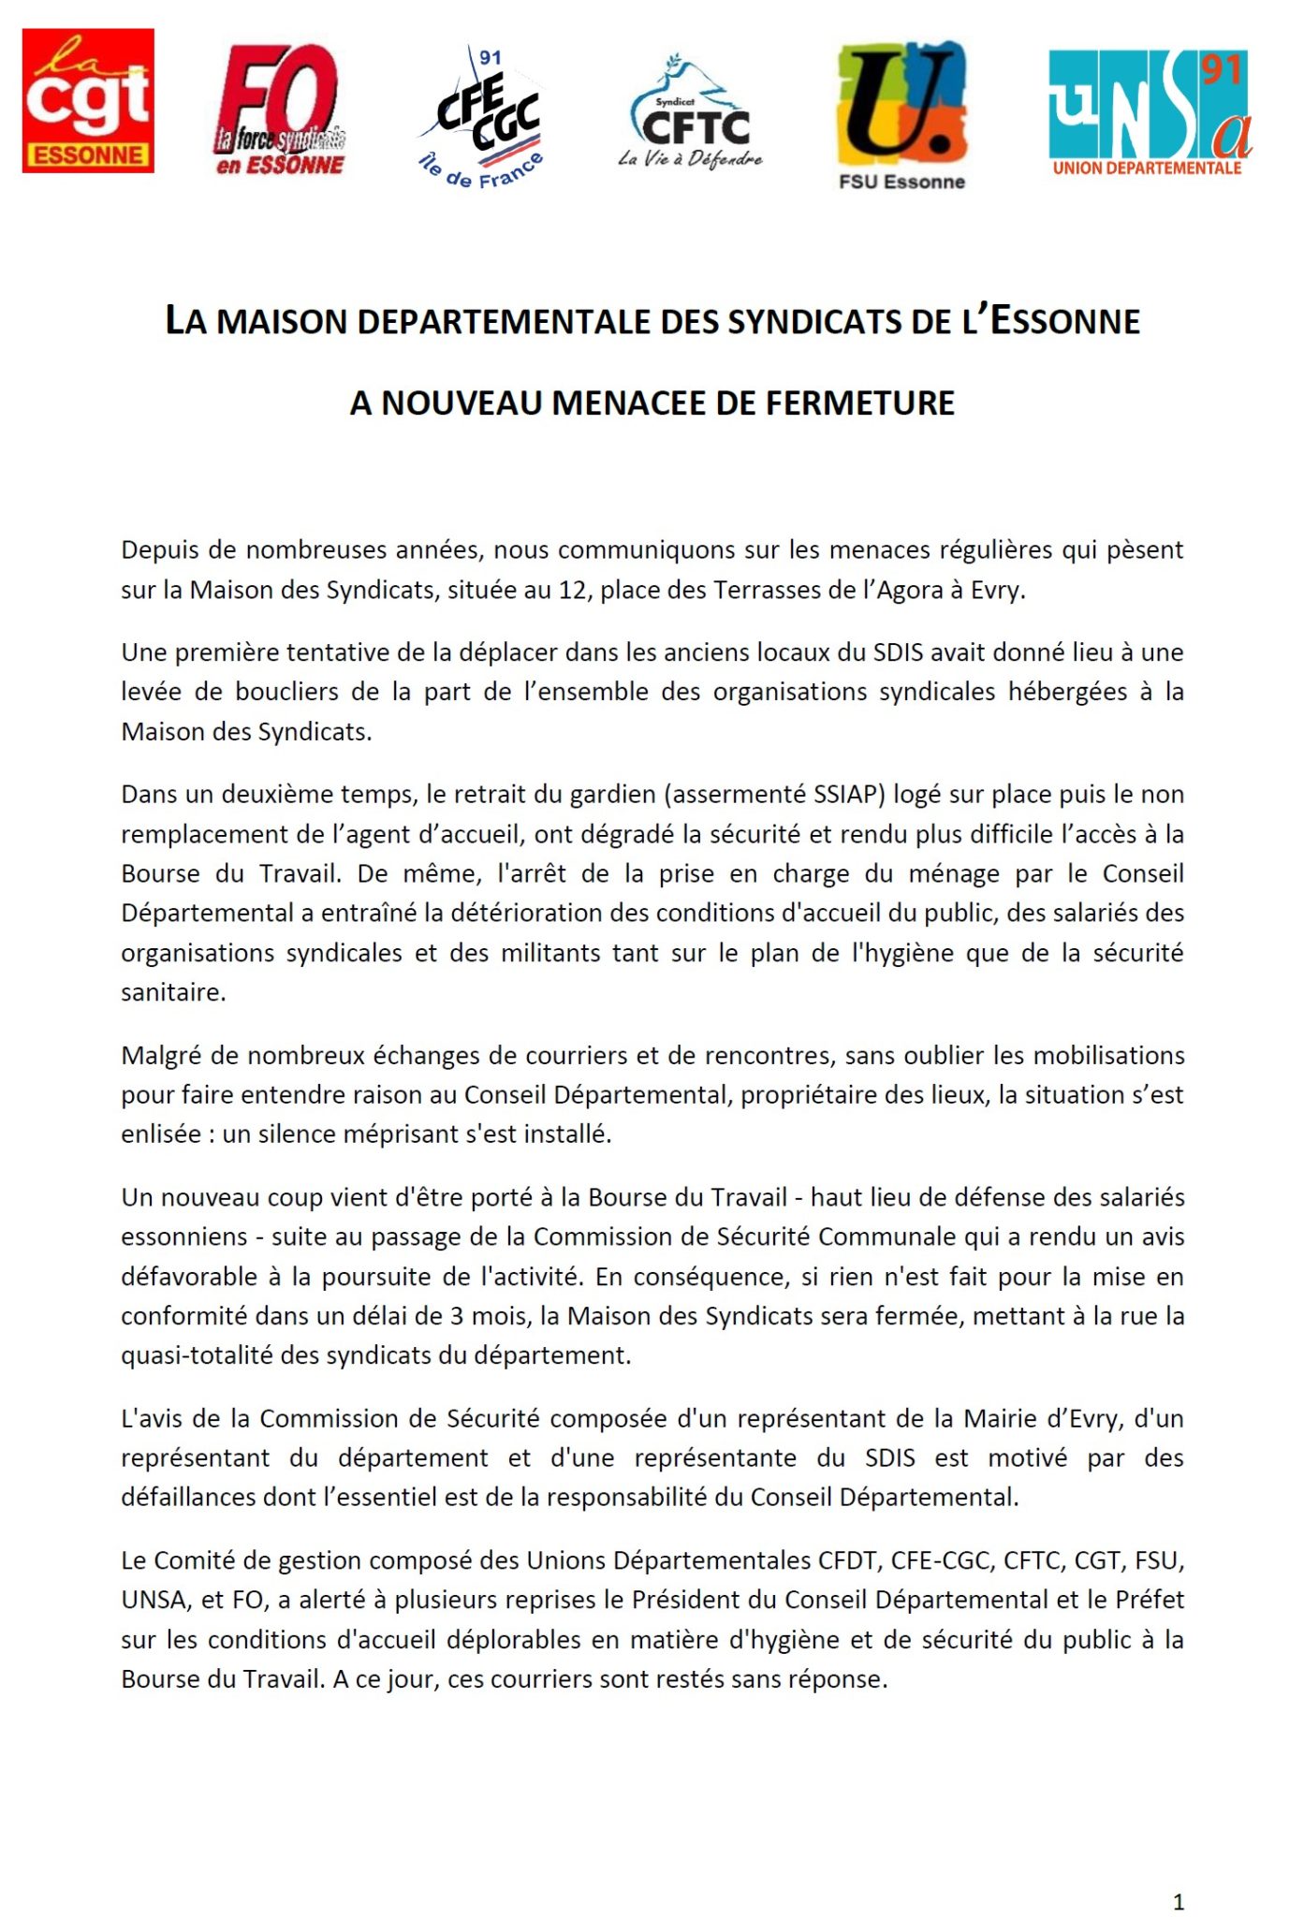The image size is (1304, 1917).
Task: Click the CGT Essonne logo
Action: (x=88, y=100)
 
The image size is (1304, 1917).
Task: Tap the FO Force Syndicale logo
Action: (x=279, y=110)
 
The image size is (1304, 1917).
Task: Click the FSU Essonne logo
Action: (x=901, y=115)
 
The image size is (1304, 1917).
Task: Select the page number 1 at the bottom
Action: (x=1178, y=1875)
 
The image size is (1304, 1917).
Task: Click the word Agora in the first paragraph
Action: (x=910, y=591)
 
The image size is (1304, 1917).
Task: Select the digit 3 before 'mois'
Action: (x=456, y=1316)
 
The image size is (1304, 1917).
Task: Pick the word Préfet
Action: (x=1150, y=1600)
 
